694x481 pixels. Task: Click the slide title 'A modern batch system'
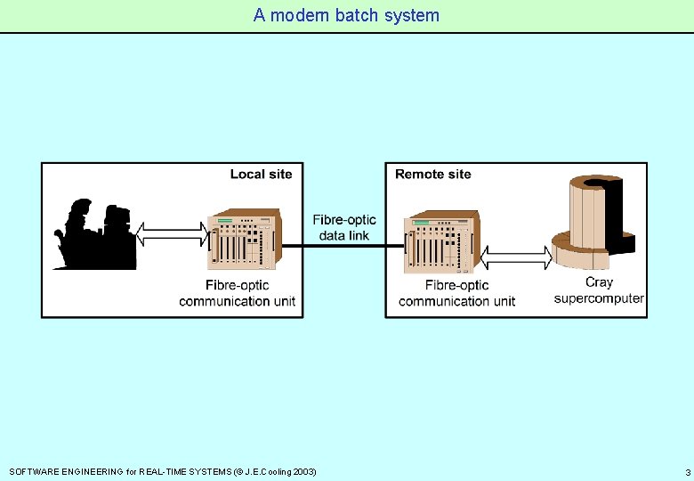coord(346,15)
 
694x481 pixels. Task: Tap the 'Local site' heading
coord(261,174)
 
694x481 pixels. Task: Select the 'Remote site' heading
coord(433,174)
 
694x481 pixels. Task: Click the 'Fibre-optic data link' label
coord(344,227)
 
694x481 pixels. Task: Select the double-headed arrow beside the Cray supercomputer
coord(516,258)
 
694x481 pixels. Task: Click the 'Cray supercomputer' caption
coord(599,290)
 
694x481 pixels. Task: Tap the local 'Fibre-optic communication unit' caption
coord(237,293)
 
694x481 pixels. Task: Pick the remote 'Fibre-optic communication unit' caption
coord(456,293)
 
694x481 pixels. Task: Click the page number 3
coord(687,471)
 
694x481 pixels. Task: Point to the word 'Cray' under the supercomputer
coord(599,282)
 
